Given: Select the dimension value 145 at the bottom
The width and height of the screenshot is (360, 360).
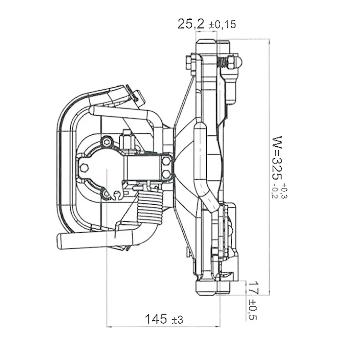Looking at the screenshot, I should [155, 319].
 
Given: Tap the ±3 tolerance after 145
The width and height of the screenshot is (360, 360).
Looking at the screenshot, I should [177, 320].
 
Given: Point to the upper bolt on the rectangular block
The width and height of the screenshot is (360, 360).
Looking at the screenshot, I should [166, 161].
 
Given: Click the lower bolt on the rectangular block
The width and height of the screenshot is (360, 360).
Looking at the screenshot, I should [166, 174].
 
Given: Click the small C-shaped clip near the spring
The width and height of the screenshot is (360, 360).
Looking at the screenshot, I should [117, 195].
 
